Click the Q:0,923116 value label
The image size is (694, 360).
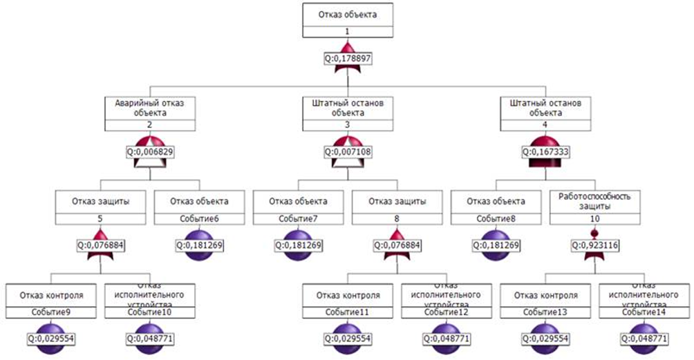pos(594,245)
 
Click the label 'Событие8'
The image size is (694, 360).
pos(496,218)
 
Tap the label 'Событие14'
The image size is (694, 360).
pos(644,312)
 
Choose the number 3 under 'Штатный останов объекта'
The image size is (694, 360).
pos(348,125)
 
